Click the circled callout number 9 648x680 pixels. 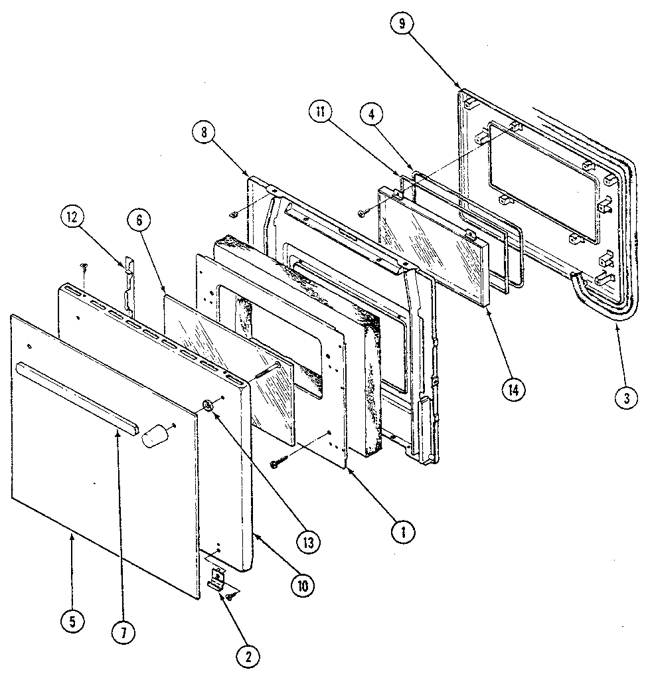(x=402, y=24)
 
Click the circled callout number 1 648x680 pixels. (x=403, y=531)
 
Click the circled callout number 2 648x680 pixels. (x=248, y=656)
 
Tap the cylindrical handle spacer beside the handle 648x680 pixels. (x=155, y=435)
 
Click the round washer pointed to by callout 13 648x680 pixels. (x=208, y=406)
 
